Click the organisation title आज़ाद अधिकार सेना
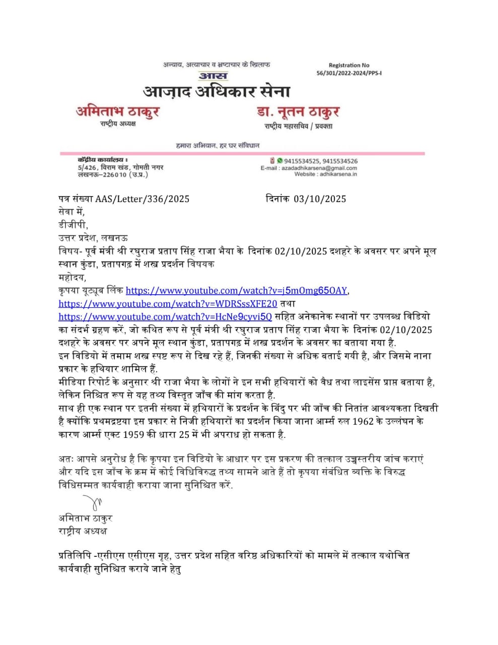tap(217, 92)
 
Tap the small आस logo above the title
tap(214, 76)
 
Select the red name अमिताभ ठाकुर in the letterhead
tap(118, 111)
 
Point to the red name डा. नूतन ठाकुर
tap(298, 112)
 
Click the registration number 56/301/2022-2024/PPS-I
tap(349, 73)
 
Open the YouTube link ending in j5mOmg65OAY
tap(237, 291)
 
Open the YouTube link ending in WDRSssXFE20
tap(168, 304)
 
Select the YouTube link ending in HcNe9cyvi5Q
tap(165, 317)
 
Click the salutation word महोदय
tap(72, 278)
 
